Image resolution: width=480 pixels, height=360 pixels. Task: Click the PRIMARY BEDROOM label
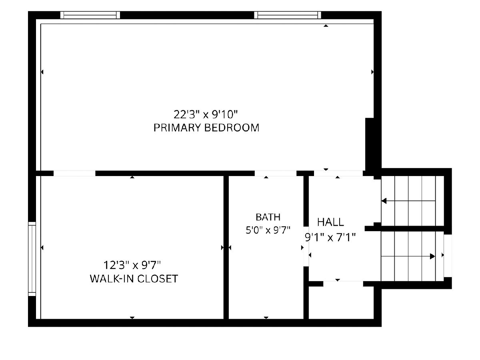click(x=206, y=128)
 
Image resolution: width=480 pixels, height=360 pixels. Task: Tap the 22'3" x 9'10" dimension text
click(x=206, y=114)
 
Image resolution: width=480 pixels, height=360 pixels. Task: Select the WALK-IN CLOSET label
click(x=134, y=279)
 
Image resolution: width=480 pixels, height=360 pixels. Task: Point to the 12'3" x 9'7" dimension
click(x=132, y=265)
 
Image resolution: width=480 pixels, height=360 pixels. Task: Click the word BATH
click(x=268, y=217)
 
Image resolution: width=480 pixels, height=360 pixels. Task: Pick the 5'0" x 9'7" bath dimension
click(x=268, y=230)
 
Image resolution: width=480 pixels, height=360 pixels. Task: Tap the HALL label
click(x=330, y=222)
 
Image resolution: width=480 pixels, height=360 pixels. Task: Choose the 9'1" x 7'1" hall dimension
click(x=330, y=237)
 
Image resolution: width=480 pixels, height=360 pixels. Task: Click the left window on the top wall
click(x=90, y=15)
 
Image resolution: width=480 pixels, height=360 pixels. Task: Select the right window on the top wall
click(x=288, y=15)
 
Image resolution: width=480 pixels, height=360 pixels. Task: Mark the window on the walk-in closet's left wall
click(x=32, y=259)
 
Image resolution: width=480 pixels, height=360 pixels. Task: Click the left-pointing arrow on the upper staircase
click(x=408, y=201)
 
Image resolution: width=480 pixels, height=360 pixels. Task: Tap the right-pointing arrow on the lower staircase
click(x=408, y=256)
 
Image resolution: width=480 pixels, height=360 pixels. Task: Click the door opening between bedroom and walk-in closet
click(x=74, y=173)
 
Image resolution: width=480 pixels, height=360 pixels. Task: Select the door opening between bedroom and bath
click(x=276, y=173)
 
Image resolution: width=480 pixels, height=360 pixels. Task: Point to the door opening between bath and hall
click(x=306, y=246)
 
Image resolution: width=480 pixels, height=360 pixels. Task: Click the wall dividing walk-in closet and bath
click(x=226, y=247)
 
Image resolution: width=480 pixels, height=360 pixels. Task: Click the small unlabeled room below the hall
click(x=341, y=303)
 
